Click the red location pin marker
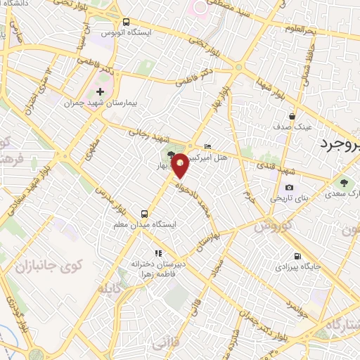tap(180, 165)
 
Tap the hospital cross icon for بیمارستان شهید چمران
tap(101, 91)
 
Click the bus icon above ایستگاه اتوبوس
tap(126, 22)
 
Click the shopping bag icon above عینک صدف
tap(292, 117)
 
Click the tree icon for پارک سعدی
tap(343, 182)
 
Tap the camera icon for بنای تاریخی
tap(289, 188)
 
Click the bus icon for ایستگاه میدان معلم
tap(144, 213)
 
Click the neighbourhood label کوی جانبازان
tap(49, 266)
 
